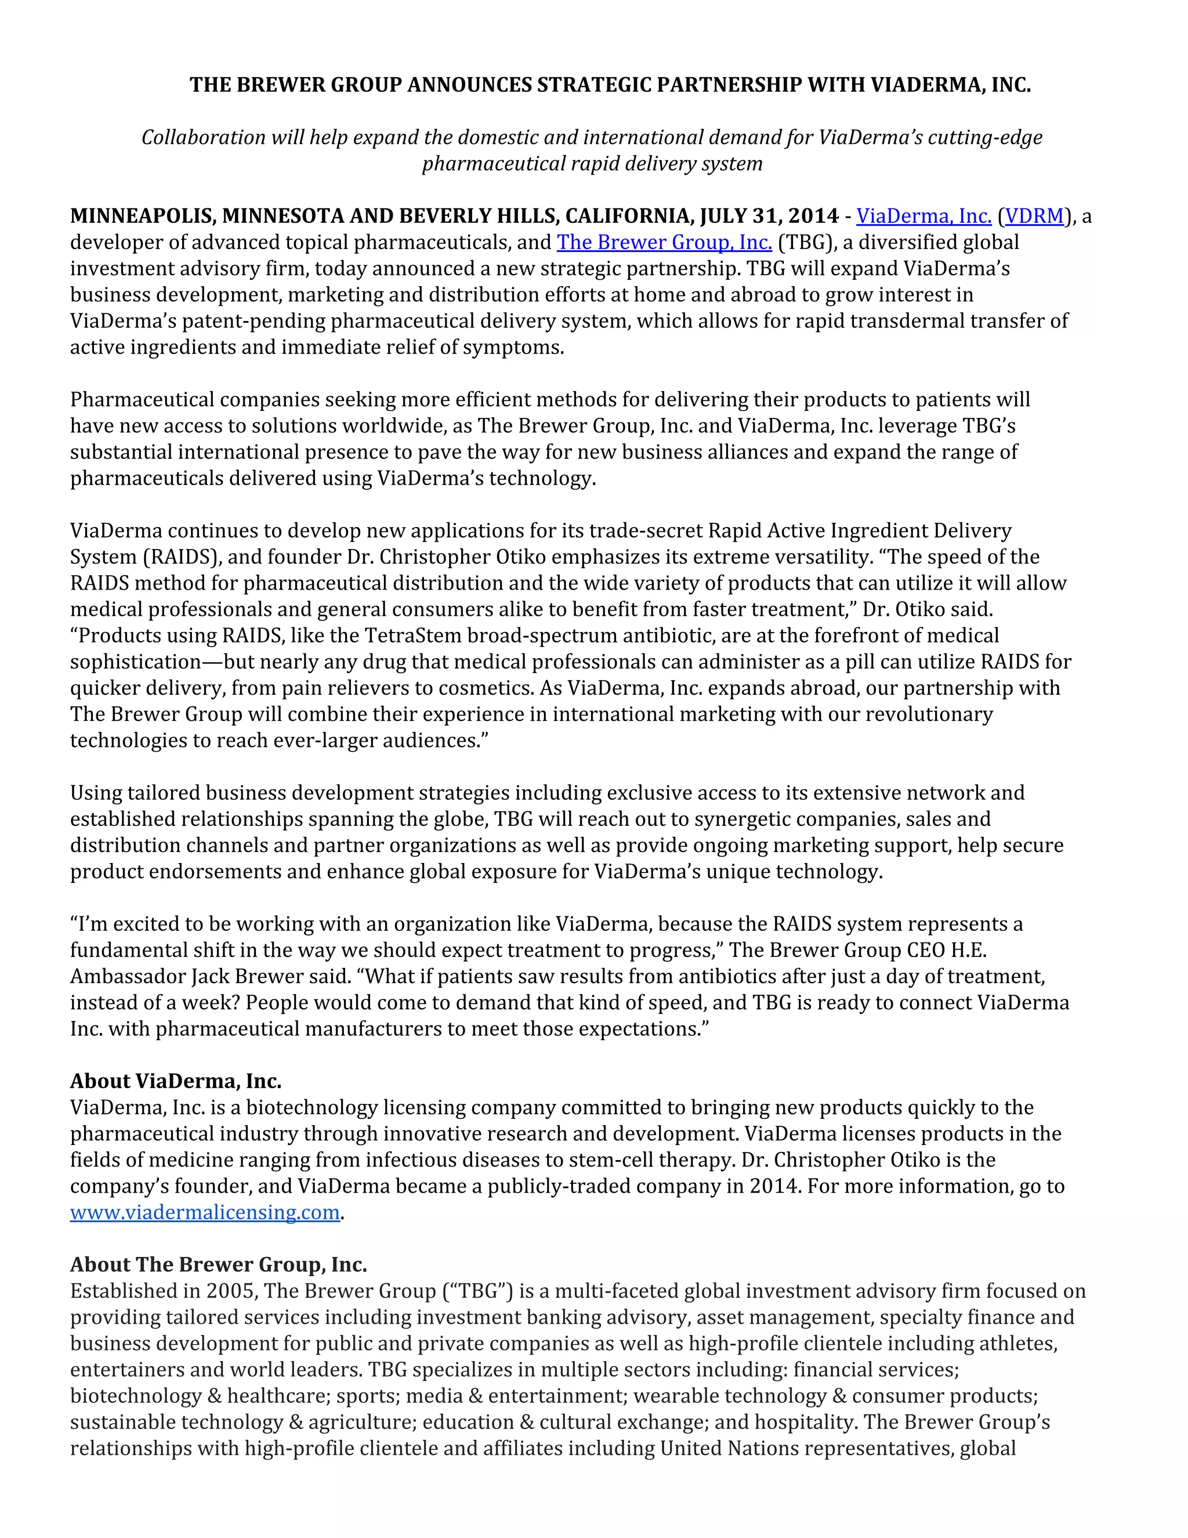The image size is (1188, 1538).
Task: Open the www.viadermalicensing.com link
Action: point(205,1212)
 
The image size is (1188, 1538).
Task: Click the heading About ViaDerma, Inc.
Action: point(175,1081)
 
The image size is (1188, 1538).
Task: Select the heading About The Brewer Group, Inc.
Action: point(218,1265)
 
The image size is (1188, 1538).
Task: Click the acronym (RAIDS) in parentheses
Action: point(180,557)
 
